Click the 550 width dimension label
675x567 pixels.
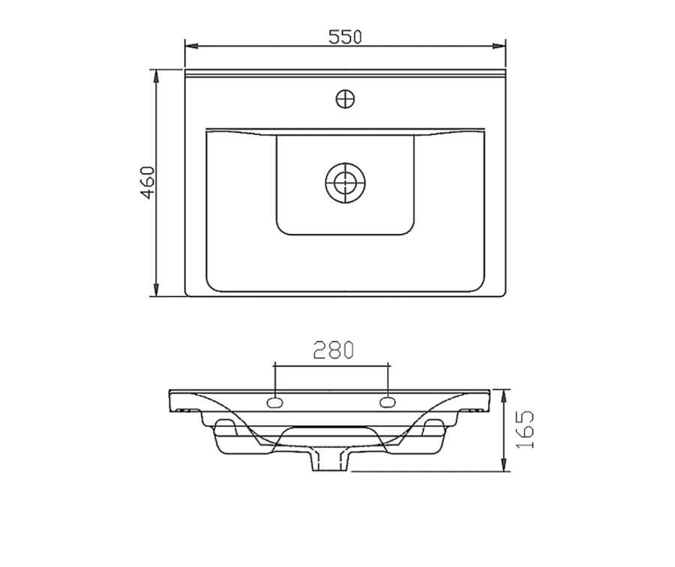point(345,37)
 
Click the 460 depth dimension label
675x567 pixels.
point(148,182)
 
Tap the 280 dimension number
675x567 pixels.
point(334,350)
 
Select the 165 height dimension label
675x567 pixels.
point(524,429)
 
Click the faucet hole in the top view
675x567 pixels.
point(345,100)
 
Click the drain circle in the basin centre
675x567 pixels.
point(345,183)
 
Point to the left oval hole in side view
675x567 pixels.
point(274,403)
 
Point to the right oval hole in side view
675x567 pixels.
point(388,403)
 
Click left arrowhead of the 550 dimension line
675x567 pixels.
point(191,46)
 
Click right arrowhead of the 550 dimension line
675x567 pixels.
point(499,46)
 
